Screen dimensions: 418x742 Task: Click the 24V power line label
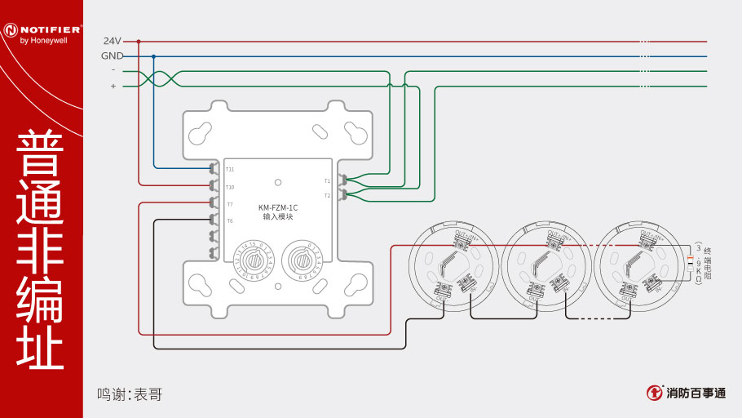112,41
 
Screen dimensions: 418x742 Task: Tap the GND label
112,56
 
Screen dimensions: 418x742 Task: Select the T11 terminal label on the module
230,169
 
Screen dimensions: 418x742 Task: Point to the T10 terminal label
230,187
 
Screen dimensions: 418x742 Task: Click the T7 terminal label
230,204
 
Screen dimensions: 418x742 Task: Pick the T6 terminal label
230,221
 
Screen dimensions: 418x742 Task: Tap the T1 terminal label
327,180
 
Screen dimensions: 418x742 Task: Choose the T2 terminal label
327,196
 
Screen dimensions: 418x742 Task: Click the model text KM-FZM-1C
278,207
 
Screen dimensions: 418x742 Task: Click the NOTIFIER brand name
51,29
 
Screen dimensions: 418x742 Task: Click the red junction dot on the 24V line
139,41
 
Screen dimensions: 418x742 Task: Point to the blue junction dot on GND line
154,56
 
